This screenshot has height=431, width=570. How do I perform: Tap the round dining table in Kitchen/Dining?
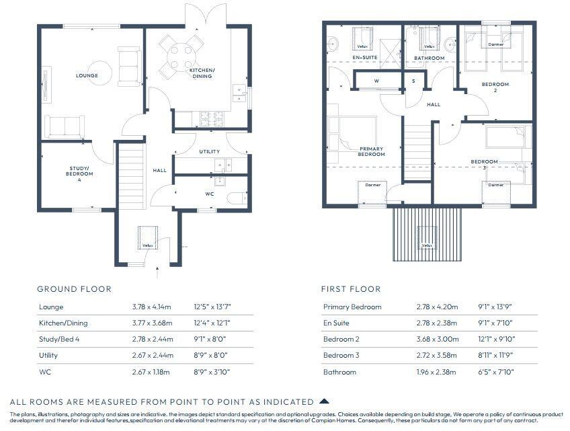point(179,50)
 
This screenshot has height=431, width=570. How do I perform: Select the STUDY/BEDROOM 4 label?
point(79,173)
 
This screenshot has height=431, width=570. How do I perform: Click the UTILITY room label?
point(209,152)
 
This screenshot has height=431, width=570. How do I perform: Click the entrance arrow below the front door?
point(157,273)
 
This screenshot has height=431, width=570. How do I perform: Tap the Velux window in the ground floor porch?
point(147,237)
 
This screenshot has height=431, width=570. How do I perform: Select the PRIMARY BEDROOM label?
point(372,151)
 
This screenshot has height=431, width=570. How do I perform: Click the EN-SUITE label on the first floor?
point(365,58)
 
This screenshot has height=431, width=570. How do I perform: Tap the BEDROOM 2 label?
point(495,87)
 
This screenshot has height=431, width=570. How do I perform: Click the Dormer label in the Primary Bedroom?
point(372,185)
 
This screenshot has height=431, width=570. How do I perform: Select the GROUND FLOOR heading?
point(74,289)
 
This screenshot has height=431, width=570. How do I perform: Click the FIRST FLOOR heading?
point(351,289)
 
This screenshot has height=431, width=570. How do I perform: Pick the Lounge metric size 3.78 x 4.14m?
point(153,307)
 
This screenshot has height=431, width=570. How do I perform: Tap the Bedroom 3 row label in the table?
point(341,356)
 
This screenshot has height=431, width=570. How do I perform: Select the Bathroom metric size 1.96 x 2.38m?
point(436,372)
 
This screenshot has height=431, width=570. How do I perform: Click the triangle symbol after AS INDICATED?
point(324,401)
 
